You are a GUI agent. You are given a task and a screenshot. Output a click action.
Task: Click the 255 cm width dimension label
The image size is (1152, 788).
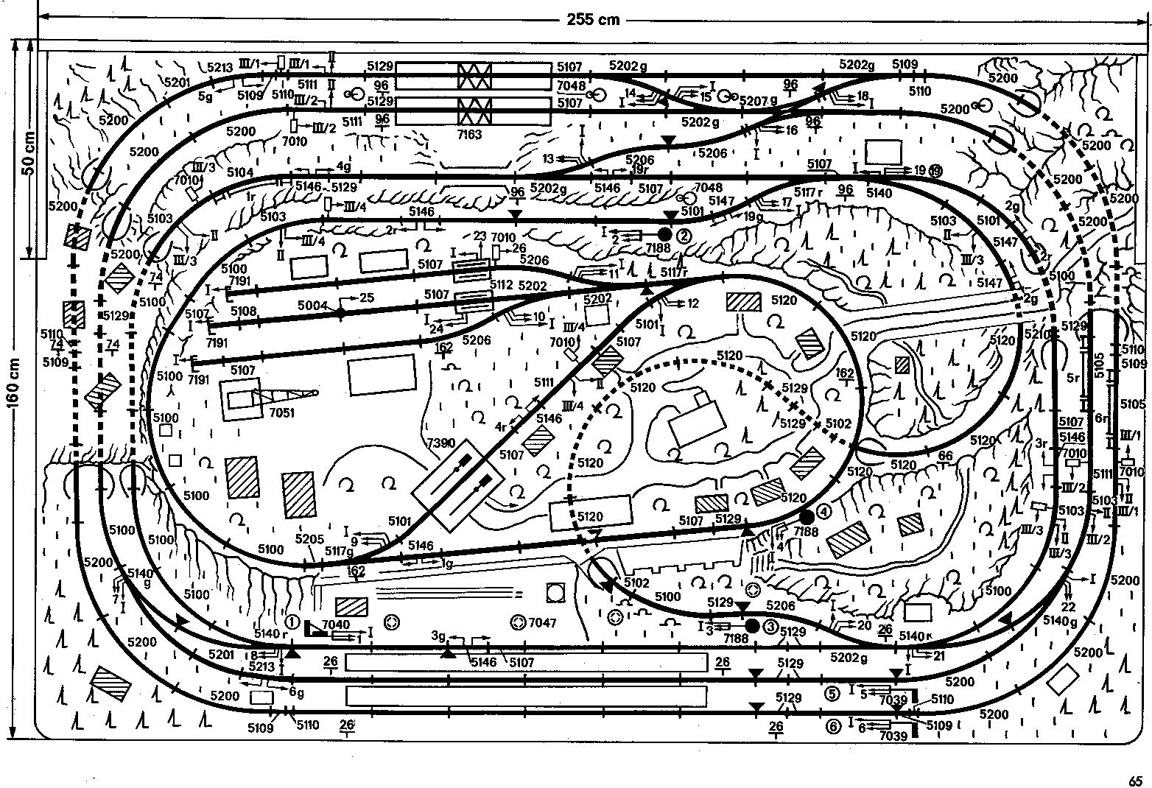[593, 20]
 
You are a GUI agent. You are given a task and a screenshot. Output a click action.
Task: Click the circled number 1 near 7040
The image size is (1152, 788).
[293, 622]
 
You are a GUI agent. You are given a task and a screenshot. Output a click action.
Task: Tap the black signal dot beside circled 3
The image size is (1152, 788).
[752, 626]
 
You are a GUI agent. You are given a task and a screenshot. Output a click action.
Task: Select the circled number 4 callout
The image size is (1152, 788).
[823, 510]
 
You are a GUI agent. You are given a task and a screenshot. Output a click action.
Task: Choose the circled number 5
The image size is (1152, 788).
[832, 693]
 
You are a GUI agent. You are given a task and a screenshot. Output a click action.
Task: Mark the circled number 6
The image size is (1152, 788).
[833, 727]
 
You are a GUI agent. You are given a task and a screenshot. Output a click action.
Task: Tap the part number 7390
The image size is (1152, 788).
[440, 443]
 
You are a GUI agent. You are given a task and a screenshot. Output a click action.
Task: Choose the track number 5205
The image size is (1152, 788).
[309, 539]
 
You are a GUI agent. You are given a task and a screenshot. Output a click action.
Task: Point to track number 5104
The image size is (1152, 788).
[240, 172]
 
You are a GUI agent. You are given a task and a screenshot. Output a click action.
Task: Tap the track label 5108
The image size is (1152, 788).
[244, 311]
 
